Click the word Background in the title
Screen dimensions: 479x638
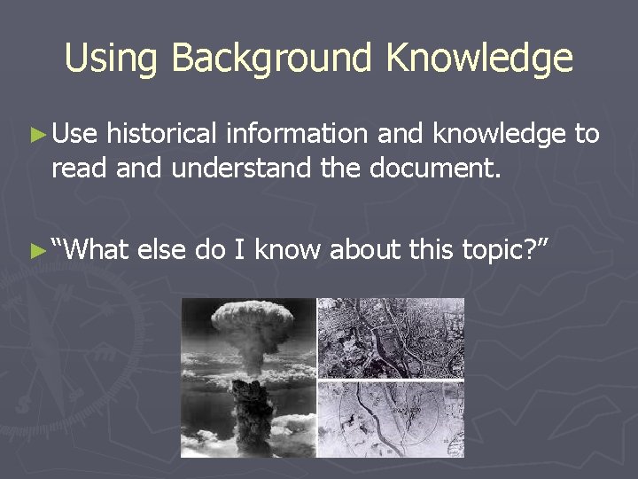272,59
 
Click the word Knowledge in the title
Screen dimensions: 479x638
478,59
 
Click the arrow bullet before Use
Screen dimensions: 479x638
35,135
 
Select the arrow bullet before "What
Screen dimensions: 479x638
35,251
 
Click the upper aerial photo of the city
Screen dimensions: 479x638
391,338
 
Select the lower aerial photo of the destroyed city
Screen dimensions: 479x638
391,420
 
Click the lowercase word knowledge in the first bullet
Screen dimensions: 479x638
503,134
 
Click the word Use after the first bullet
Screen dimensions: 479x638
75,134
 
